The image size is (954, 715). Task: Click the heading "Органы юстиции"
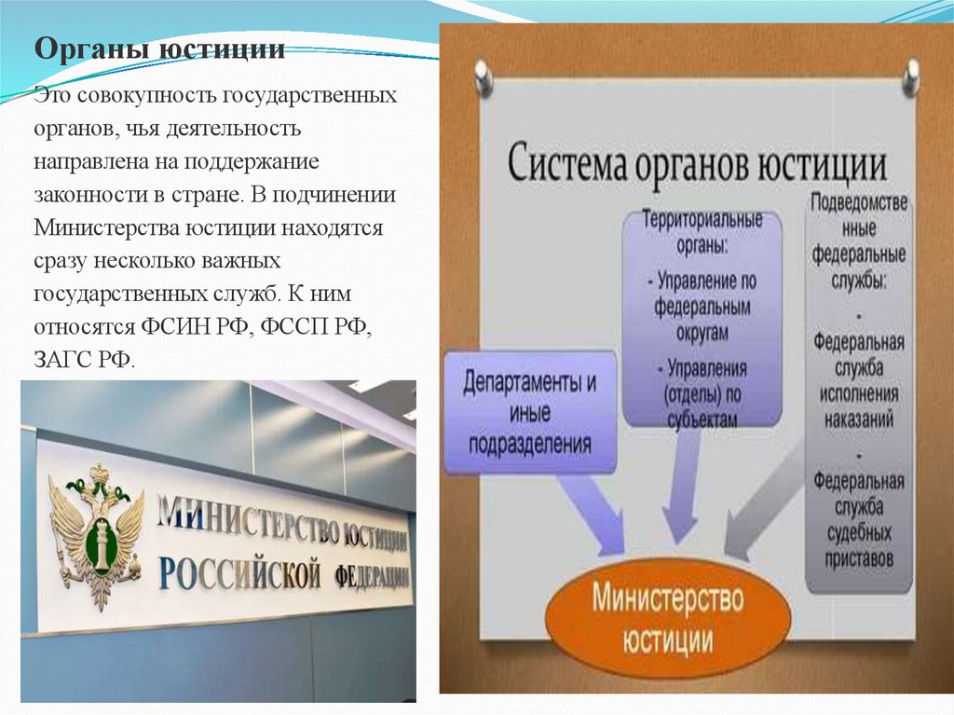[160, 48]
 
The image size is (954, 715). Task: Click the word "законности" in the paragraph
[79, 195]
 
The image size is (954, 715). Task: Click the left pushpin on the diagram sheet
[483, 77]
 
